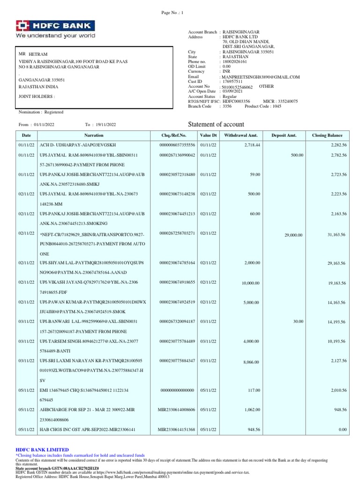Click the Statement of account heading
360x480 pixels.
216,124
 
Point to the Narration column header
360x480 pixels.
94,135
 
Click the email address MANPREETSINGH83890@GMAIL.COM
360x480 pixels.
261,77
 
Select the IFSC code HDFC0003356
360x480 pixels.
237,101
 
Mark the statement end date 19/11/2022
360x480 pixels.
106,125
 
